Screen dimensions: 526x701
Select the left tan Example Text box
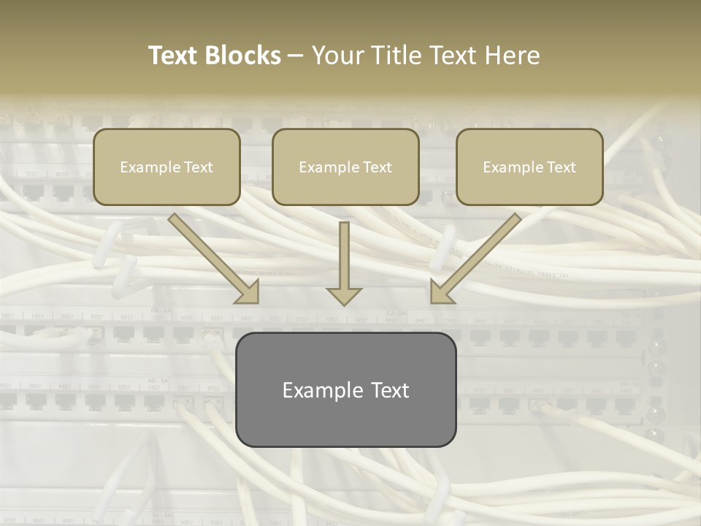(166, 167)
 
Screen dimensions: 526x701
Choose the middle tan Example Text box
(345, 167)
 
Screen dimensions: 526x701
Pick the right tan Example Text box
(529, 167)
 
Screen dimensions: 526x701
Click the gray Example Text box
(345, 389)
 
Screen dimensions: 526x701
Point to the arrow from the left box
(212, 256)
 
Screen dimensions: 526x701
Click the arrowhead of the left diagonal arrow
(248, 292)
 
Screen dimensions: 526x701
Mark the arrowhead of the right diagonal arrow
(440, 292)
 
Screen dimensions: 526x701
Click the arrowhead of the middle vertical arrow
(344, 296)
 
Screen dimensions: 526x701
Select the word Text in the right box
(561, 167)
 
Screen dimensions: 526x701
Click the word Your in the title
(335, 56)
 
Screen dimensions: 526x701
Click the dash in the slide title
(296, 56)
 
